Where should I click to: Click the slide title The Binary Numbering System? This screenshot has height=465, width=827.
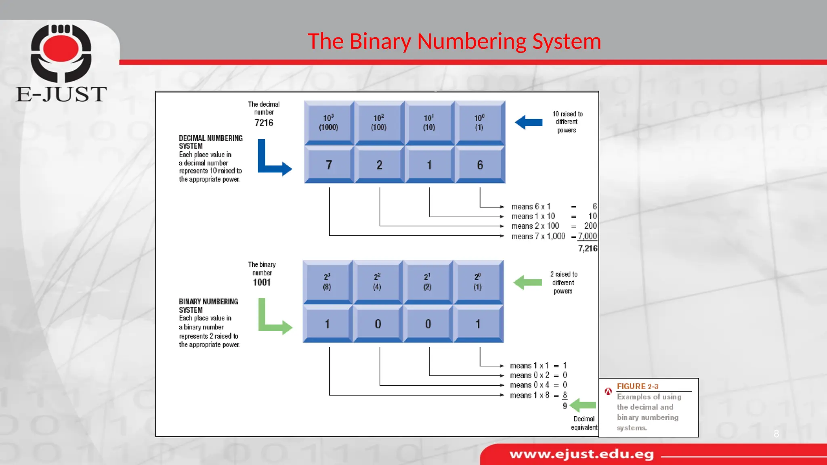click(x=454, y=42)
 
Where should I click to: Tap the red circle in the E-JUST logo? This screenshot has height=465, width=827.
click(x=61, y=48)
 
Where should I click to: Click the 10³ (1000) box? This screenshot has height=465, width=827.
click(x=329, y=122)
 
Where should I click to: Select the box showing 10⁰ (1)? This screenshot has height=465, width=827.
click(x=479, y=122)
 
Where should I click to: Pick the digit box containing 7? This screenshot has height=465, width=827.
click(x=329, y=165)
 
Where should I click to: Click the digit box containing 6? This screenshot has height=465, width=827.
click(x=480, y=165)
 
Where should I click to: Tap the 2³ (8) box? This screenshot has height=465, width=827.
click(x=327, y=281)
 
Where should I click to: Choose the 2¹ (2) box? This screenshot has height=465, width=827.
click(x=428, y=281)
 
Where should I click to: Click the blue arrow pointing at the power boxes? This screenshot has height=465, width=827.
click(x=529, y=122)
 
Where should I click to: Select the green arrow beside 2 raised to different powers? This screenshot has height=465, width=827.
click(x=527, y=282)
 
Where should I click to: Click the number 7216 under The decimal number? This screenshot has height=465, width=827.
click(x=264, y=123)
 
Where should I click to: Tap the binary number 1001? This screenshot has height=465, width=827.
click(x=262, y=282)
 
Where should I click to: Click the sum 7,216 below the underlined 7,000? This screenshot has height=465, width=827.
click(x=587, y=248)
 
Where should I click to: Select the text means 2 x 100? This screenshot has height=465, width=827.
click(x=535, y=226)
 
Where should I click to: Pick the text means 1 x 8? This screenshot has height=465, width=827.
click(x=529, y=395)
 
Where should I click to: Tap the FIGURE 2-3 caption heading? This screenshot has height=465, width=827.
click(x=637, y=386)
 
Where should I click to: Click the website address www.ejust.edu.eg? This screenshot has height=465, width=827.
click(x=581, y=455)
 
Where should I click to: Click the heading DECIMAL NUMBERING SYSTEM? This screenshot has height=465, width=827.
click(x=210, y=142)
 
